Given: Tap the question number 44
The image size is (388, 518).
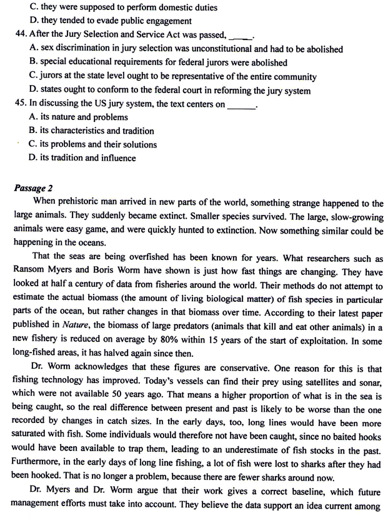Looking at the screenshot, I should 9,35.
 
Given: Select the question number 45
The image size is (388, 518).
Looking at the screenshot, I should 9,104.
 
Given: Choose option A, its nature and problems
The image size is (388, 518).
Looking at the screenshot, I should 78,117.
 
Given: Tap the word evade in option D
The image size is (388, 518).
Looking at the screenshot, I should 93,21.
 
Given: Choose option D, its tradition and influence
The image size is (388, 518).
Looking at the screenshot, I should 82,159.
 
